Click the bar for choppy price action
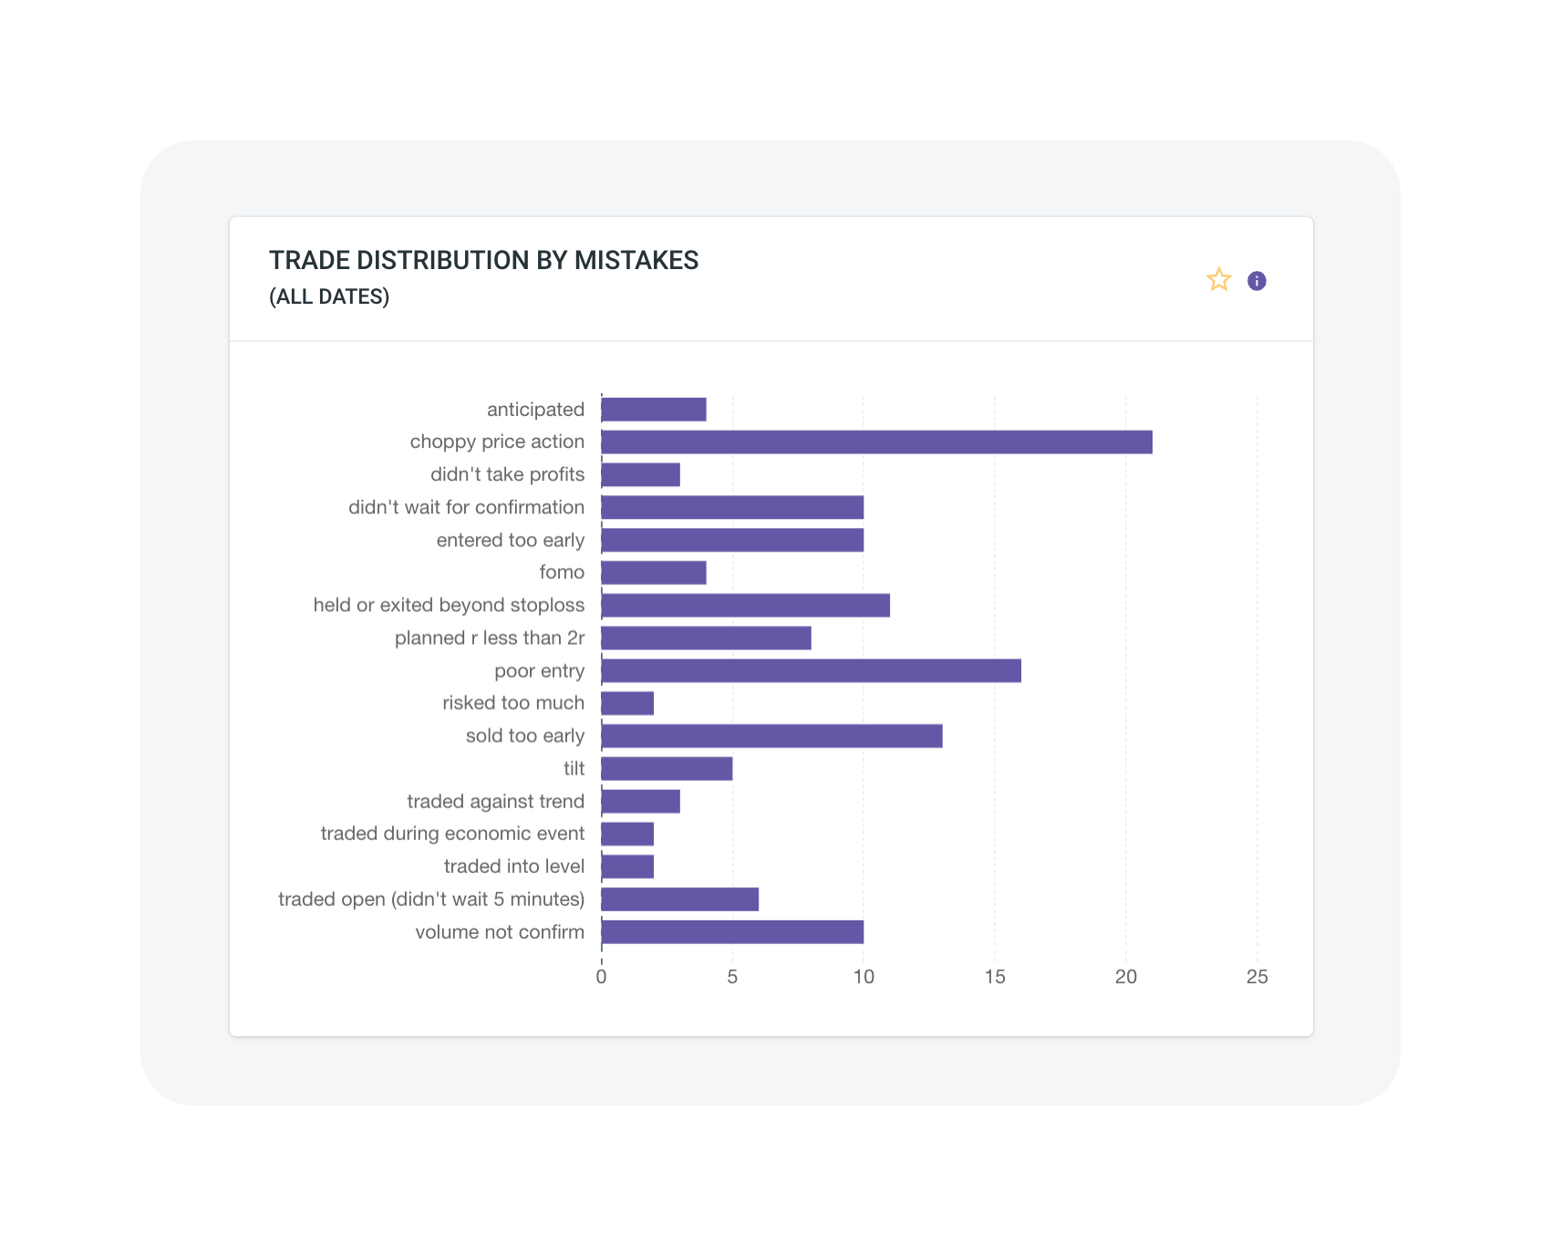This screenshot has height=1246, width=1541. coord(876,442)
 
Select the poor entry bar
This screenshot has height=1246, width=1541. coord(811,671)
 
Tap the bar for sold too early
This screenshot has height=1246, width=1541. coord(771,736)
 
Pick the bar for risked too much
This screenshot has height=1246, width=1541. coord(627,703)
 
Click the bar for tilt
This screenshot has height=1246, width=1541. coord(667,769)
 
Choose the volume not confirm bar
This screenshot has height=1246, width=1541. coord(732,932)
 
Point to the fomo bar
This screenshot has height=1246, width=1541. coord(654,573)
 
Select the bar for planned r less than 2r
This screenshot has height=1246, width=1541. coord(706,639)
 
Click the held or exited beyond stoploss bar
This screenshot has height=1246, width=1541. coord(745,606)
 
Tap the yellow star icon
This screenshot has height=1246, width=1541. coord(1219,280)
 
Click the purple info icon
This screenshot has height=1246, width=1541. coord(1257,281)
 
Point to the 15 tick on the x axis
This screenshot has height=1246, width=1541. coord(995,977)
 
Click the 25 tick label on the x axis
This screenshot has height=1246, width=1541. coord(1257,977)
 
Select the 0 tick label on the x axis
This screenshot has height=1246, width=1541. coord(601,977)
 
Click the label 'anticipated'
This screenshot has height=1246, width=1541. coord(535,410)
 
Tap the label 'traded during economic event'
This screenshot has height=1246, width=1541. coord(452,834)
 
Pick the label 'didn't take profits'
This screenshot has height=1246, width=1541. coord(507,474)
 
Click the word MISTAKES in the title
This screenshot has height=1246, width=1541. coord(636,260)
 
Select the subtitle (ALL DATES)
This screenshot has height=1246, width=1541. coord(329,296)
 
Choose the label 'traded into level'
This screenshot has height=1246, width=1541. coord(513,867)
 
